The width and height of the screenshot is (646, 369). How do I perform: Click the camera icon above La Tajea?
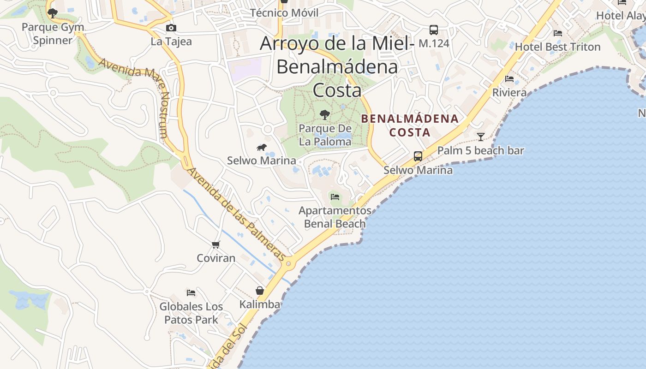[x=171, y=28]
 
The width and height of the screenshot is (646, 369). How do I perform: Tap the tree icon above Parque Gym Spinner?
[x=53, y=13]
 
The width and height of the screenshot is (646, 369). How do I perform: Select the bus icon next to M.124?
[x=433, y=30]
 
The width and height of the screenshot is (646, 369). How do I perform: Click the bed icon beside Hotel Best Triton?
[x=557, y=33]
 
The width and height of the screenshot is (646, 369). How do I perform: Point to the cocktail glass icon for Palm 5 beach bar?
[x=481, y=137]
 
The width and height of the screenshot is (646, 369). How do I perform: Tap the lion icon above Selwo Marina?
[x=261, y=148]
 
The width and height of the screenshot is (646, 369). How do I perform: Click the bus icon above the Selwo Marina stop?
[x=418, y=156]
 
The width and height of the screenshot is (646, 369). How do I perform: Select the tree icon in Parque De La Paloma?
[x=325, y=114]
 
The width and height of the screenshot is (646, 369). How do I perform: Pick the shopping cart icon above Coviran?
[x=215, y=244]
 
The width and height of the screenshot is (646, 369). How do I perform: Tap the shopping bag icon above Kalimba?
[x=260, y=291]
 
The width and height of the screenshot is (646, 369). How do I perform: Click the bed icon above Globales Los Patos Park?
[x=191, y=292]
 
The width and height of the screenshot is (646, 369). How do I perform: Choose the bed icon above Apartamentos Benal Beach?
[x=335, y=197]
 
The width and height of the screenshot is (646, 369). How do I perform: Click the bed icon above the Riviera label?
[x=509, y=79]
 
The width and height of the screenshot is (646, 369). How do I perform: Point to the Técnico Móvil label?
[x=284, y=13]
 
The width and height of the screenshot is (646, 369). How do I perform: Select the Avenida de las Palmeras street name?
[x=235, y=213]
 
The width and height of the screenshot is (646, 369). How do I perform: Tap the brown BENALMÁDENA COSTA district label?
[x=410, y=125]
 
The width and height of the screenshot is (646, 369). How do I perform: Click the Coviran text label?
[x=216, y=258]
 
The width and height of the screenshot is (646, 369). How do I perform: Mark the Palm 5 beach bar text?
[x=481, y=150]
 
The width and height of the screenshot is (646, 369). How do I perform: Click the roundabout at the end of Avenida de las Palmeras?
[x=289, y=264]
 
